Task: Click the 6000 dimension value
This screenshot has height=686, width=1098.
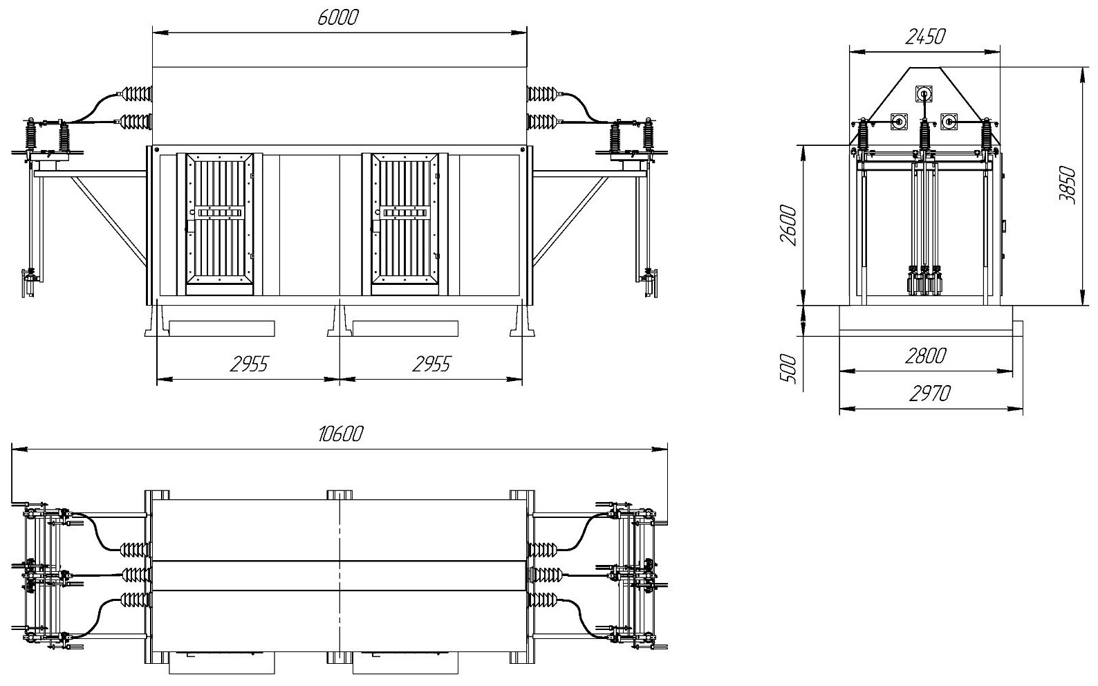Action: pyautogui.click(x=338, y=18)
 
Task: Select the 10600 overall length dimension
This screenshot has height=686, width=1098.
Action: pyautogui.click(x=340, y=434)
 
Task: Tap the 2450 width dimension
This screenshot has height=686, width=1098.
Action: pyautogui.click(x=925, y=37)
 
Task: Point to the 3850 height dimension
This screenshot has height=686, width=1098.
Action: pyautogui.click(x=1069, y=185)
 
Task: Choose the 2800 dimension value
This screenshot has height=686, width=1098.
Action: pyautogui.click(x=926, y=357)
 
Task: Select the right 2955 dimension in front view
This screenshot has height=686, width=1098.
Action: pyautogui.click(x=431, y=364)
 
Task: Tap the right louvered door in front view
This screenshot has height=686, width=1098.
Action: pyautogui.click(x=405, y=219)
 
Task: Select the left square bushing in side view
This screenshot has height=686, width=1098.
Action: pyautogui.click(x=899, y=122)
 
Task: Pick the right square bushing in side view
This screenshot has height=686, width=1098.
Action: pyautogui.click(x=949, y=122)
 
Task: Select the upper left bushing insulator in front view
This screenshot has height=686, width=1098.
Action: pyautogui.click(x=137, y=93)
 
